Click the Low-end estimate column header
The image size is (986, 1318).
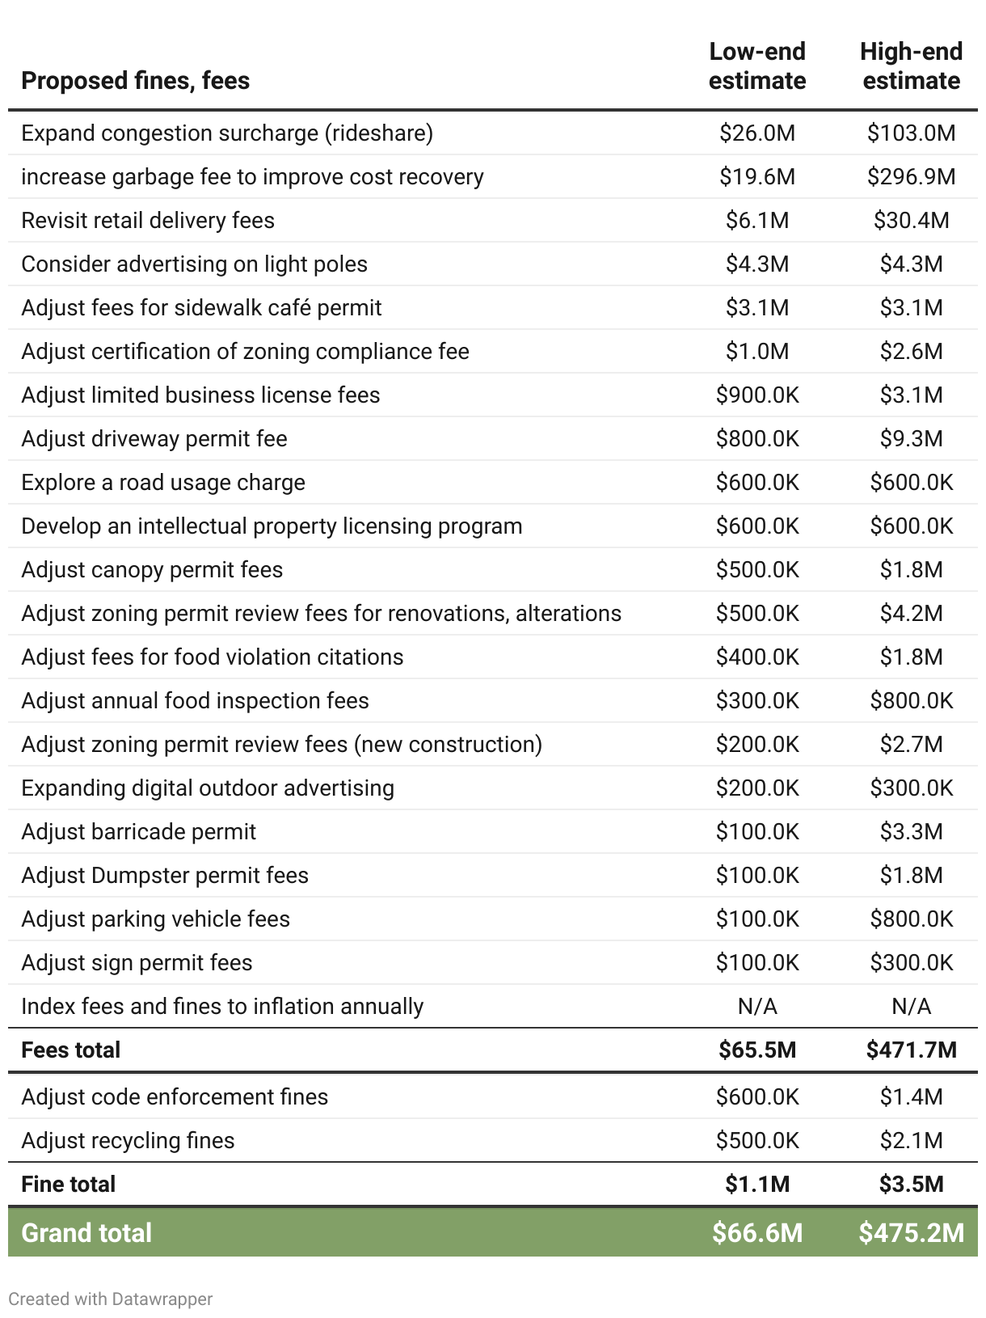coord(757,66)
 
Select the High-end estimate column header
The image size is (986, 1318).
coord(911,66)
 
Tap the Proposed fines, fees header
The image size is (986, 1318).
coord(135,81)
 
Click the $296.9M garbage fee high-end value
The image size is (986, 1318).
coord(911,177)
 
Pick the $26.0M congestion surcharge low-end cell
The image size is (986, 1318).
coord(757,133)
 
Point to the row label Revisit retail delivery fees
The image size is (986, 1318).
coord(148,221)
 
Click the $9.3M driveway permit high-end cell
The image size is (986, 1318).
coord(911,439)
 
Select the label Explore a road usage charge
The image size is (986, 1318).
coord(163,483)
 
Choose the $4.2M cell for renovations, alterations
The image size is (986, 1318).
coord(911,614)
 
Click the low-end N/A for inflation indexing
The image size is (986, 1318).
coord(757,1007)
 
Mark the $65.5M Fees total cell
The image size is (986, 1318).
coord(757,1050)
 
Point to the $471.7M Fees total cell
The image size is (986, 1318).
coord(911,1050)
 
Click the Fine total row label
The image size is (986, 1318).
coord(69,1185)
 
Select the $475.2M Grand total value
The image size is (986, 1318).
coord(911,1233)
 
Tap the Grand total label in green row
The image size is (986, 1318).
coord(86,1233)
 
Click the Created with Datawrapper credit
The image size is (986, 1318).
coord(111,1299)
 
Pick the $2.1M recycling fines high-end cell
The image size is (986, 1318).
coord(911,1141)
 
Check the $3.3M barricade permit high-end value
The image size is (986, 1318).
coord(911,832)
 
